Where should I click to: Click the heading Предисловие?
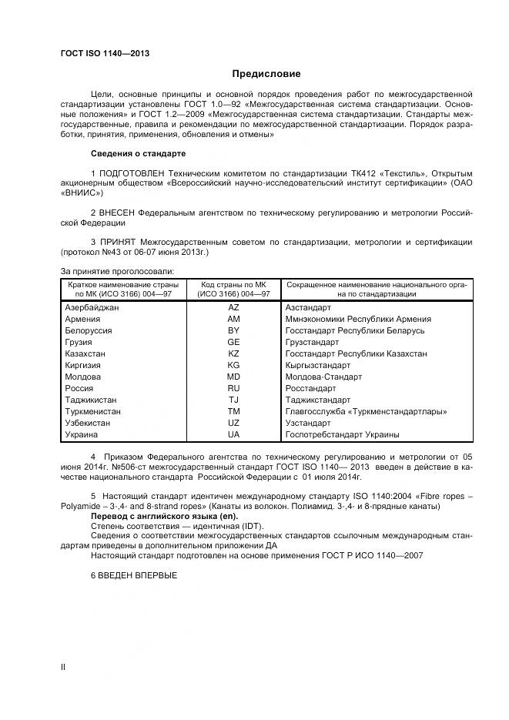[266, 74]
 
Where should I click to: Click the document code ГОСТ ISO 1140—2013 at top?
[104, 53]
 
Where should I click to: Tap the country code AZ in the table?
[234, 307]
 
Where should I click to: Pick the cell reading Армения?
[83, 319]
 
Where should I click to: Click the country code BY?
[234, 330]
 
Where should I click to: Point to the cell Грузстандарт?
[312, 342]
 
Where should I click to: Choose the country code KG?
[234, 365]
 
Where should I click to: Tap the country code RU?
[234, 389]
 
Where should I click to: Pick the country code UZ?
[234, 424]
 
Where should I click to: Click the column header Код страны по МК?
[234, 289]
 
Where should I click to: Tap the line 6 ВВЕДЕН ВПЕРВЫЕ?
[134, 575]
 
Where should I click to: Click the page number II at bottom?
[63, 667]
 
